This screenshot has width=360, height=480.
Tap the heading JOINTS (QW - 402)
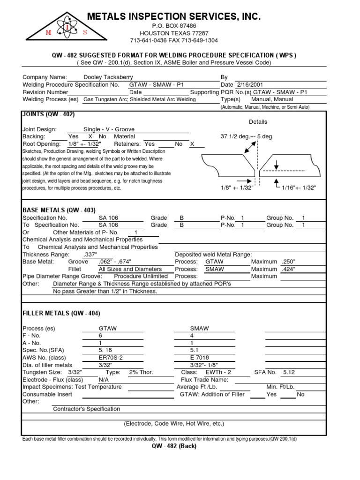[48, 114]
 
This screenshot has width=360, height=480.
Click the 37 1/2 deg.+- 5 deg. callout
[247, 136]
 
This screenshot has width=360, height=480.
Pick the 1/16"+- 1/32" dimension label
[299, 187]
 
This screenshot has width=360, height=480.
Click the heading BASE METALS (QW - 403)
[59, 210]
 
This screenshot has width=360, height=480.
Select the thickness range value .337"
[90, 255]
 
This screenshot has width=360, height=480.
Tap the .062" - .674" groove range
[115, 262]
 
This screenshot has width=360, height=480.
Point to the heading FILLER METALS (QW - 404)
[61, 313]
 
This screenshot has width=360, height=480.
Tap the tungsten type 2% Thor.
[141, 372]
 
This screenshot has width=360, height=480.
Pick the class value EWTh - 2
[218, 372]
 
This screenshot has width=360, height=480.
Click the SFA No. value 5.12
[290, 372]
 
